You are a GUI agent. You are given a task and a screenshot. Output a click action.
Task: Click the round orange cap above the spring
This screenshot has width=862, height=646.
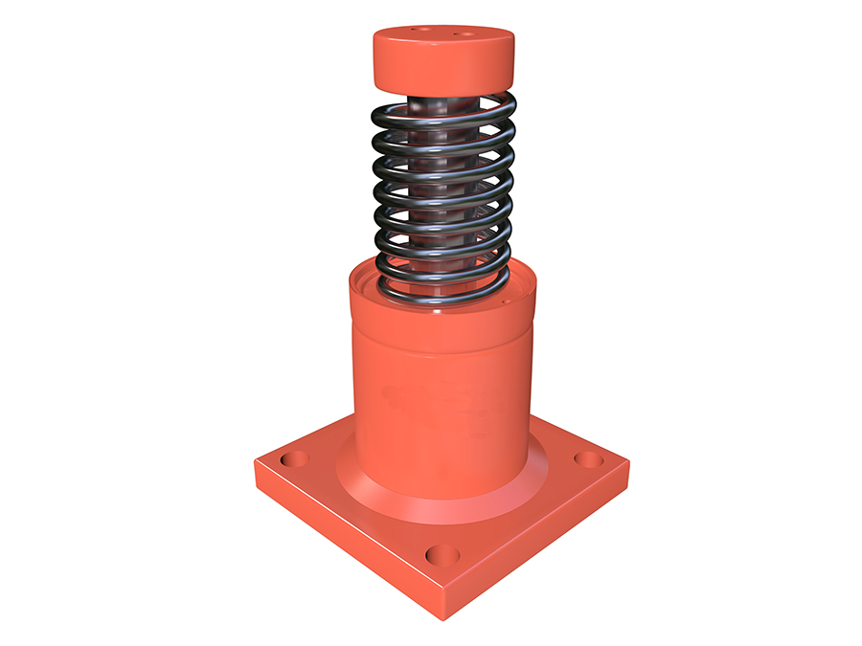[442, 57]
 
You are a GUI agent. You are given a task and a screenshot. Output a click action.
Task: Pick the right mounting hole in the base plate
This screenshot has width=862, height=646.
[588, 459]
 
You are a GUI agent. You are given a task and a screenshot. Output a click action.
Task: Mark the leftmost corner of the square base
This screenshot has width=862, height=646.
[256, 466]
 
